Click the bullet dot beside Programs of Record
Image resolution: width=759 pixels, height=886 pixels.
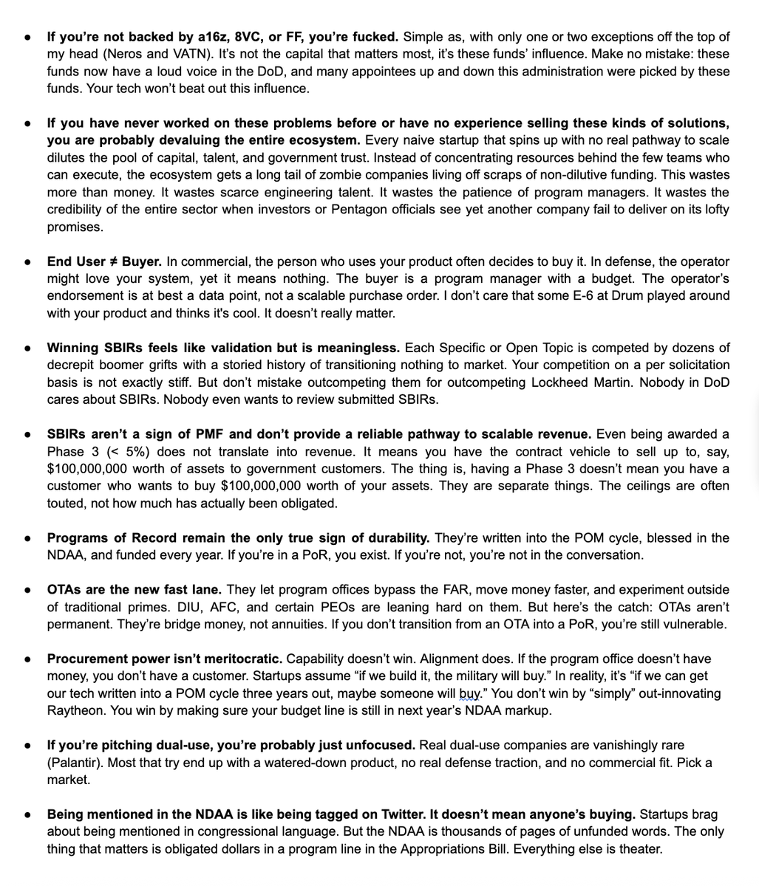click(x=27, y=538)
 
